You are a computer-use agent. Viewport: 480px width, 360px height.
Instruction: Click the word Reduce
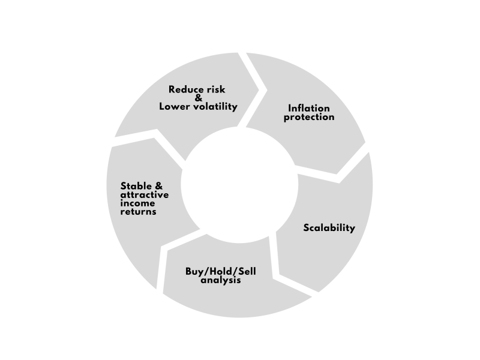(x=185, y=89)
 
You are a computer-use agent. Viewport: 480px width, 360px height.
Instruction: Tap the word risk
(x=215, y=89)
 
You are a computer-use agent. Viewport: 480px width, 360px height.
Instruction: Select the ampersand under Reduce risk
(x=199, y=98)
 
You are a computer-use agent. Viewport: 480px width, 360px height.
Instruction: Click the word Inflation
(x=309, y=109)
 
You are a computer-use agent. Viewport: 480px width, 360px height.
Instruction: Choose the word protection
(x=309, y=117)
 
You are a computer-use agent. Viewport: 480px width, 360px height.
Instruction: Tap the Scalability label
(x=329, y=227)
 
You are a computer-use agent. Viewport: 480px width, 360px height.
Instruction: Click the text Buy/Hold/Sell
(x=221, y=272)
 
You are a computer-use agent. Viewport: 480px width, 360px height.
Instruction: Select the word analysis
(x=221, y=280)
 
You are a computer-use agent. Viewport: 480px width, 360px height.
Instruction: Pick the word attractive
(x=144, y=195)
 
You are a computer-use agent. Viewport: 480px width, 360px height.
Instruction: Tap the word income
(x=137, y=203)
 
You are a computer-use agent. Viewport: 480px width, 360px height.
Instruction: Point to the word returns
(x=139, y=212)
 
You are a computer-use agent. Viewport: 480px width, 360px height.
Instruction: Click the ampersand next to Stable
(x=158, y=186)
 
